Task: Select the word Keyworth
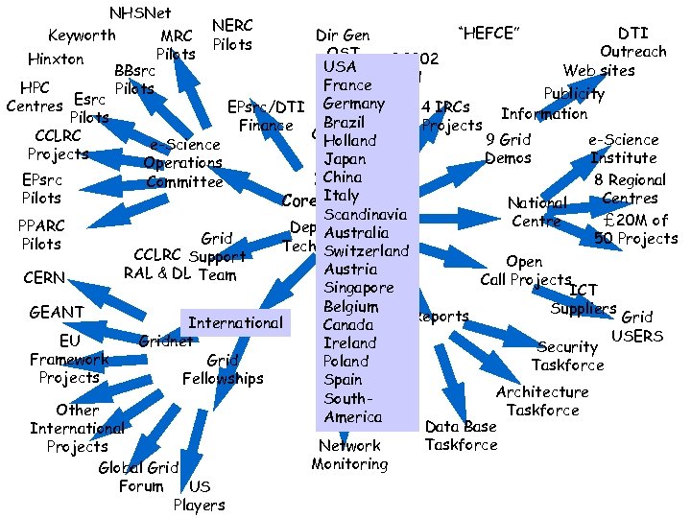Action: (x=82, y=35)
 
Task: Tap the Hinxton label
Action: (x=56, y=59)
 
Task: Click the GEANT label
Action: (x=57, y=312)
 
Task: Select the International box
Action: (x=235, y=323)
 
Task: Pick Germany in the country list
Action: (x=354, y=104)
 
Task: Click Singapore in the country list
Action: (x=359, y=288)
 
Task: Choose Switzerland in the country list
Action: (x=367, y=250)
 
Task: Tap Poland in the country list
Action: (x=345, y=361)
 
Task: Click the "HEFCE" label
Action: (x=489, y=35)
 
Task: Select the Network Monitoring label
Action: (x=349, y=455)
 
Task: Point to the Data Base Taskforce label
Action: (x=461, y=436)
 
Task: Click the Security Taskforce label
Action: (x=568, y=356)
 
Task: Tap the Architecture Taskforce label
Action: (x=542, y=401)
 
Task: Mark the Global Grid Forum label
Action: (x=138, y=477)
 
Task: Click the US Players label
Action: (x=199, y=496)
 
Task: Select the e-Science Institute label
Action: (x=623, y=149)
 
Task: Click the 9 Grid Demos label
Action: (x=510, y=149)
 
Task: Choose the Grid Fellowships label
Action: (x=223, y=369)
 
